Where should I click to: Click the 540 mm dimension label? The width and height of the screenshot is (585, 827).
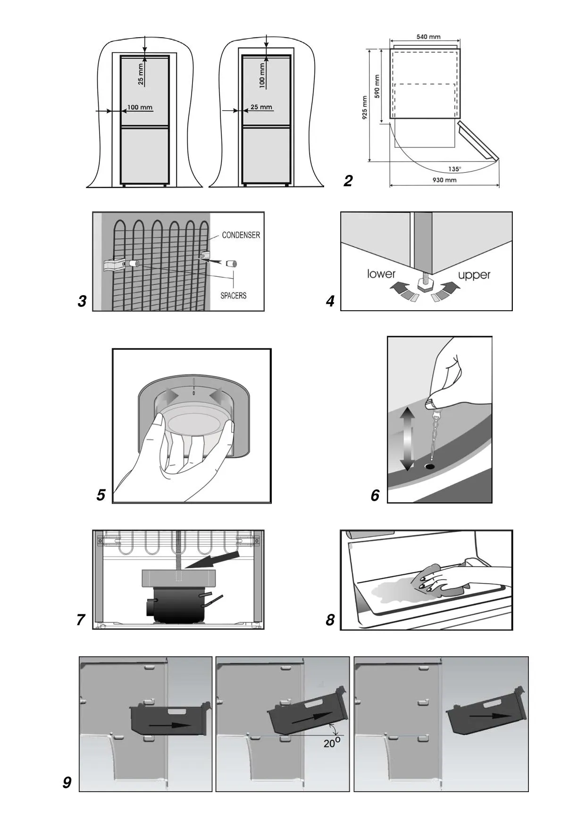coord(428,37)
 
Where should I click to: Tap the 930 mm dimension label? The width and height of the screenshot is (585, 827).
coord(444,180)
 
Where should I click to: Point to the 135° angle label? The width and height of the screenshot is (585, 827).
coord(455,169)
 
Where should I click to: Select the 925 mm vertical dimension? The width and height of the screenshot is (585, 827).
coord(365,108)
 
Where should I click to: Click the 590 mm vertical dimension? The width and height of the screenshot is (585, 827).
coord(377,86)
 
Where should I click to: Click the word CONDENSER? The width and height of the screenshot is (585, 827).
coord(241,235)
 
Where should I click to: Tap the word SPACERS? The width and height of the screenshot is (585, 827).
coord(233,296)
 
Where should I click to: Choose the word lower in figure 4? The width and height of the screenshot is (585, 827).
coord(381,273)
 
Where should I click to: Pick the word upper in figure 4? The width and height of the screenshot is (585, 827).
coord(474,275)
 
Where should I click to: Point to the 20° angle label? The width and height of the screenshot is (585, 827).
coord(332,743)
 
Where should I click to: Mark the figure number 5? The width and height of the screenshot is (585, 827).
coord(100,495)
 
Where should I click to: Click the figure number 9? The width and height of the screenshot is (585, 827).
coord(67,783)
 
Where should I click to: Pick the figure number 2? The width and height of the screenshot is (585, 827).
coord(348,181)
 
